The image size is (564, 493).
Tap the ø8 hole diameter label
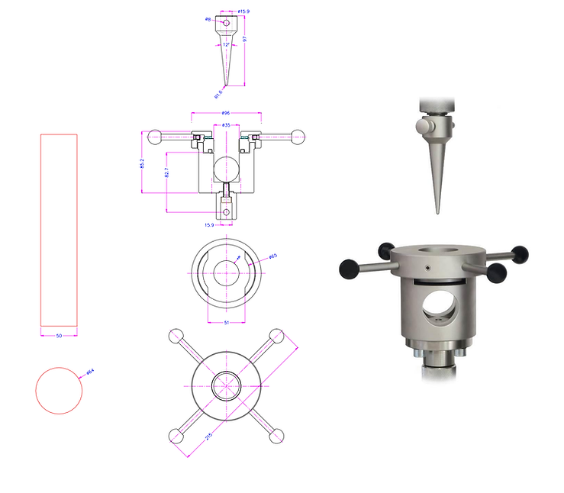click(x=208, y=20)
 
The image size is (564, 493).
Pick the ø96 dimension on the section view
click(x=226, y=113)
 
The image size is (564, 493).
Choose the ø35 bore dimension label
click(x=226, y=124)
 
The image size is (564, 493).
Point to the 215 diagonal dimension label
click(x=208, y=437)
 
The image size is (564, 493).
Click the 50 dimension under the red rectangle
click(x=59, y=336)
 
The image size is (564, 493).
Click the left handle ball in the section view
click(x=155, y=137)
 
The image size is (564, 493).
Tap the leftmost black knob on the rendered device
click(x=350, y=266)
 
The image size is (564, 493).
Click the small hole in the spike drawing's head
click(x=226, y=22)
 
